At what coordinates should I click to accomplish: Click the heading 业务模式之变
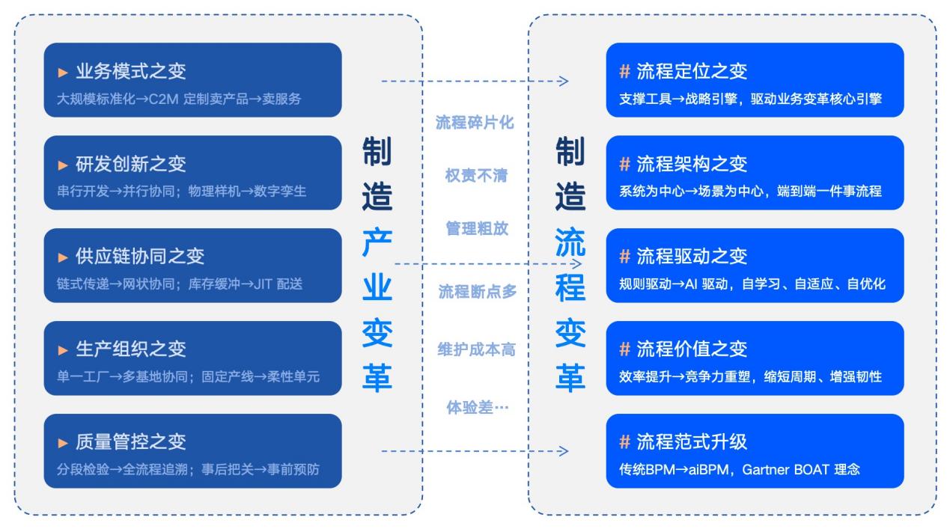(x=131, y=71)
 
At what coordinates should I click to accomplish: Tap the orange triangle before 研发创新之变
(x=63, y=165)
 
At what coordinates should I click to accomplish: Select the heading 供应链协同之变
(x=140, y=257)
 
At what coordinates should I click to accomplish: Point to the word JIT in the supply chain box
(x=263, y=284)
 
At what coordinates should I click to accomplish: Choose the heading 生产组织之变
(x=131, y=349)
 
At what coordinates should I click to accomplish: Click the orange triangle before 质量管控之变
(x=63, y=443)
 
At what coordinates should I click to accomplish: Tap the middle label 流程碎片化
(x=475, y=123)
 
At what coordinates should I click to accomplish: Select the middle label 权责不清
(x=476, y=175)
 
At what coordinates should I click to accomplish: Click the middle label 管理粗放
(x=477, y=229)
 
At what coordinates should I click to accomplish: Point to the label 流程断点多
(x=478, y=291)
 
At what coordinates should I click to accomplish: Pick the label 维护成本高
(x=476, y=349)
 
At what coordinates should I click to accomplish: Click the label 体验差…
(x=478, y=407)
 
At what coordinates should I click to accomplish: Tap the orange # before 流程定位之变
(x=624, y=71)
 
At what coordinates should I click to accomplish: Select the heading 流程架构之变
(x=692, y=164)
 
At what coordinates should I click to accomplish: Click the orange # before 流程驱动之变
(x=624, y=256)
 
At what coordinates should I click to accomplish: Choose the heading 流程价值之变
(x=692, y=349)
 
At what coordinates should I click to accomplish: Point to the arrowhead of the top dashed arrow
(x=564, y=81)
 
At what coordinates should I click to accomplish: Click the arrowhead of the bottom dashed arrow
(x=564, y=451)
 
